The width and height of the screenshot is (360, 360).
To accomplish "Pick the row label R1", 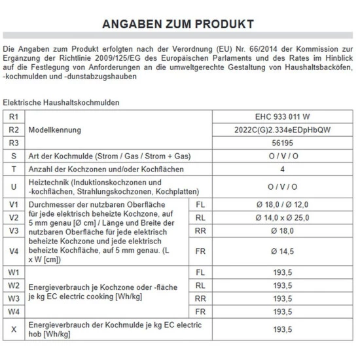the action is tap(13, 117).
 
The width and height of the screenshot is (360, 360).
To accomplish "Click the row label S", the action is tap(13, 155).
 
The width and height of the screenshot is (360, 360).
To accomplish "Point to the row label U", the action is tap(13, 186).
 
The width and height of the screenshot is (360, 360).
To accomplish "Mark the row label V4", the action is tap(13, 250).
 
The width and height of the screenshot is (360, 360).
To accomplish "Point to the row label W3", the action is tap(13, 298).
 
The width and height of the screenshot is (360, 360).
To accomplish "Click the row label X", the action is tap(13, 329).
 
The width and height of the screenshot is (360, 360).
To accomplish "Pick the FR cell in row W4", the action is tap(201, 311).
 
